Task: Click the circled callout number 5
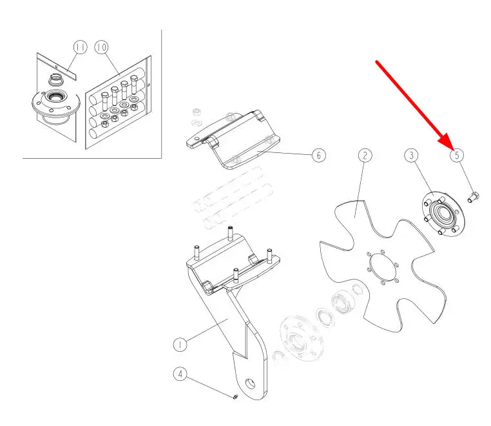(457, 156)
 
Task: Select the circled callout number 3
(411, 156)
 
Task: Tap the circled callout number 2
(365, 156)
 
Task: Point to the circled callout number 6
(319, 156)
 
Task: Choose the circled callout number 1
(180, 345)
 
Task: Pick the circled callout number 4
(180, 374)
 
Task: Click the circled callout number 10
(101, 47)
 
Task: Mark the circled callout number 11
(81, 47)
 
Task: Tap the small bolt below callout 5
(474, 198)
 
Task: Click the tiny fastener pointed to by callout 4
(235, 397)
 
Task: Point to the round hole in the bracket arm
(250, 383)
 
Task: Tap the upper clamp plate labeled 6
(233, 139)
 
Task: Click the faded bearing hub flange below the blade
(298, 338)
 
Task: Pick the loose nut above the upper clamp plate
(197, 112)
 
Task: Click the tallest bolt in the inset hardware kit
(134, 85)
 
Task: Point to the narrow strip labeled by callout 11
(57, 68)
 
